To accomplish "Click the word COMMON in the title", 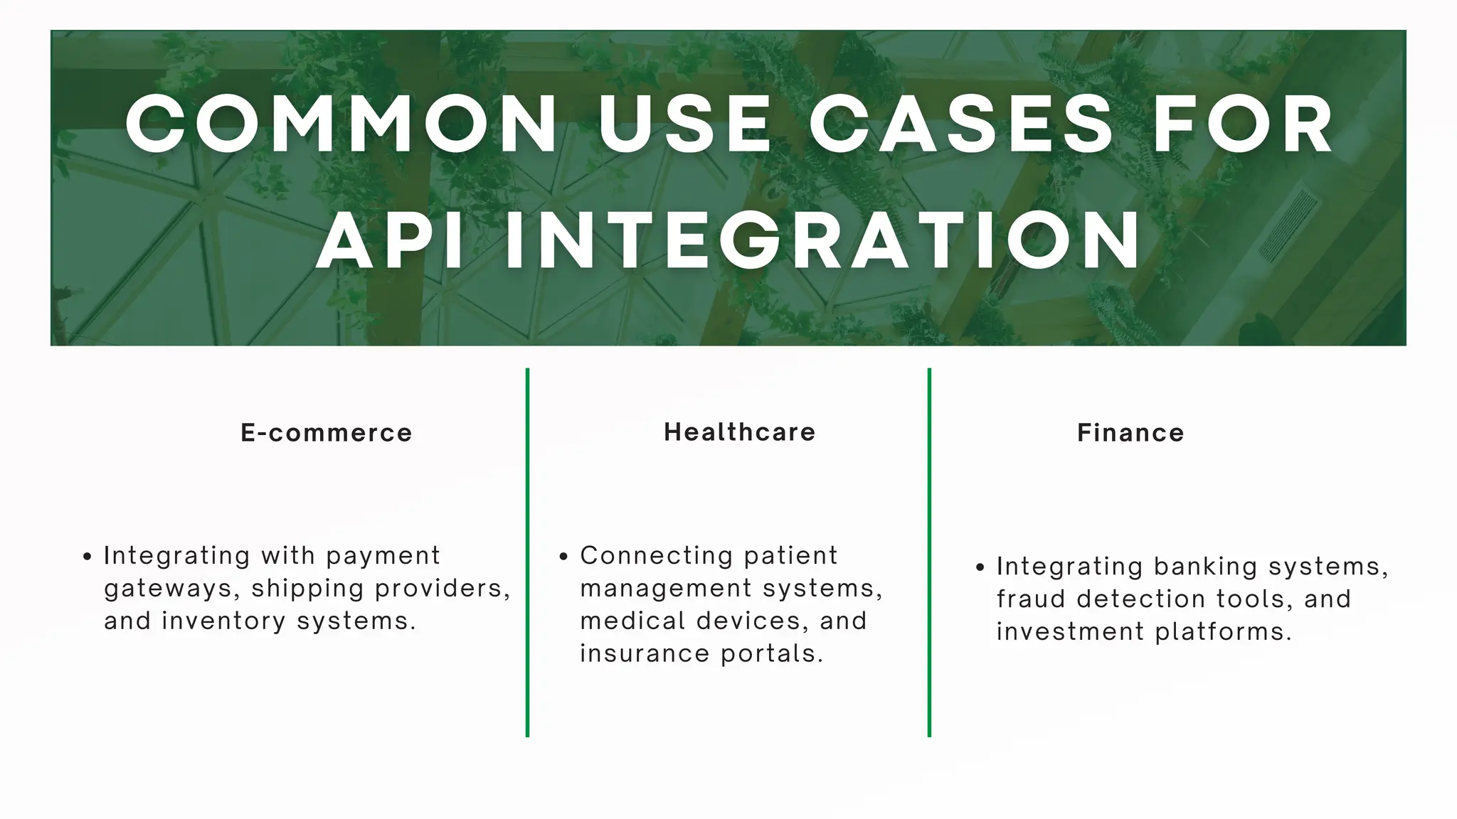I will tap(341, 124).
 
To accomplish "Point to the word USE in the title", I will tap(684, 124).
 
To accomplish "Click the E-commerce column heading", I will tap(327, 433).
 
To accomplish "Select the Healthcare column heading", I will tap(740, 432).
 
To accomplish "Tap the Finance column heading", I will tap(1130, 433).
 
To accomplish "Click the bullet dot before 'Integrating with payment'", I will tap(87, 557).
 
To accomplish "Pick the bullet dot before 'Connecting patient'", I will tap(563, 557).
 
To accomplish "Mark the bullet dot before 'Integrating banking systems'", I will tap(980, 567).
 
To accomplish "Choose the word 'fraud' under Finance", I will tap(1030, 599).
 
